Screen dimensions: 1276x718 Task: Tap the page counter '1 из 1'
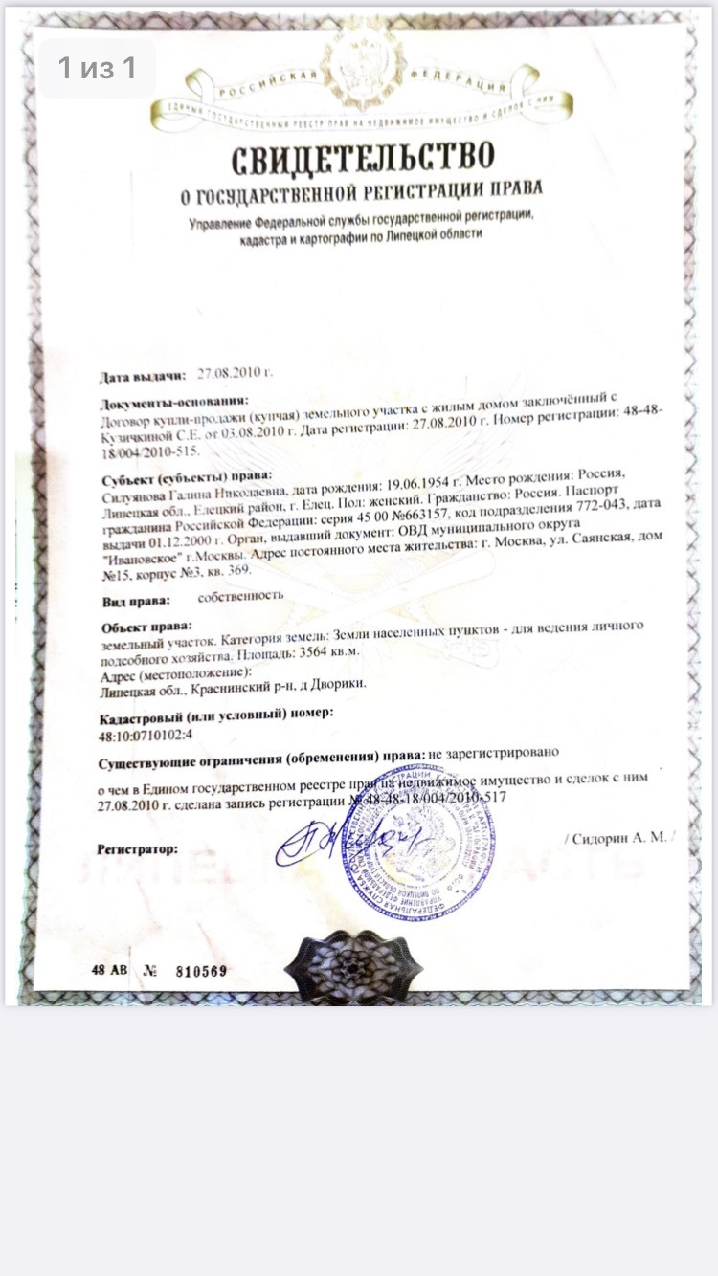(97, 68)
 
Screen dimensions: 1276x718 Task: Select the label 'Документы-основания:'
(173, 402)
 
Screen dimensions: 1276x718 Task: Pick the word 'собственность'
(240, 595)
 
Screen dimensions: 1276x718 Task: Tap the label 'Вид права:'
(136, 601)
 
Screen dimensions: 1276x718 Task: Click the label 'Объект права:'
(140, 627)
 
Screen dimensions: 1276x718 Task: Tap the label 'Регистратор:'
(137, 848)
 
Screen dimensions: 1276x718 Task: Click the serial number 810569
(200, 971)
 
